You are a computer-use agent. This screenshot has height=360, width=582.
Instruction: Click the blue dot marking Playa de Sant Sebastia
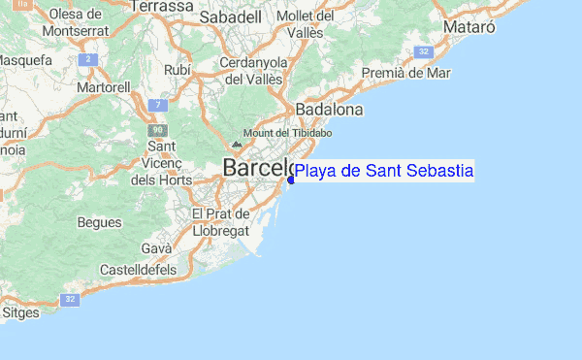tap(291, 179)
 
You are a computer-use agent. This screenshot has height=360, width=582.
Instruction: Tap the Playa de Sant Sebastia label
tap(384, 171)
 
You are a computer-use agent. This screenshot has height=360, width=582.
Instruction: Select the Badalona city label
tap(329, 110)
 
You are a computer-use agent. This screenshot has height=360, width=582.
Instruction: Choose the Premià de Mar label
tap(405, 72)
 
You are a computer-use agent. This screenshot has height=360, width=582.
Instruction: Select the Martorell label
tap(105, 87)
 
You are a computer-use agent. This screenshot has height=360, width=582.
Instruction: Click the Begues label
tap(99, 222)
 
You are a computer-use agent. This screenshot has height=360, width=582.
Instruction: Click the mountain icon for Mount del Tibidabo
tap(236, 144)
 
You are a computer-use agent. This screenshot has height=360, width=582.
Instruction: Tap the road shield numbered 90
tap(157, 130)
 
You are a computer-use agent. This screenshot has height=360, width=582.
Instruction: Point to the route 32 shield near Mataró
tap(424, 50)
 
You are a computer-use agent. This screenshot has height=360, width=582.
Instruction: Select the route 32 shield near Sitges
tap(70, 300)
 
